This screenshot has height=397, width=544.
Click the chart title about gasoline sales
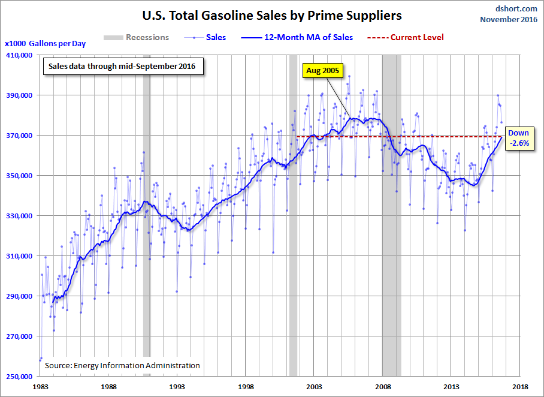(x=272, y=16)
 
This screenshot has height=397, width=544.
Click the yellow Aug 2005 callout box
(x=323, y=71)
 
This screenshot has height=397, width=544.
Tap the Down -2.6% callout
(x=519, y=138)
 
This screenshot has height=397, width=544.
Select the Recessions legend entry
(x=137, y=38)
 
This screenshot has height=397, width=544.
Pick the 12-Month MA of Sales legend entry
(x=297, y=38)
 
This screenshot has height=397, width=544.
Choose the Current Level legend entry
(x=405, y=38)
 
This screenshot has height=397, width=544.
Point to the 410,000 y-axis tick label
(x=20, y=55)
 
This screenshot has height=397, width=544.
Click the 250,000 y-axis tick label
(x=20, y=377)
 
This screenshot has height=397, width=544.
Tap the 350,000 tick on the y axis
(x=20, y=176)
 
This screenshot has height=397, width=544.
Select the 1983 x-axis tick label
(x=40, y=387)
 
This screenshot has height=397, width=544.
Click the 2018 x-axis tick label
(x=521, y=387)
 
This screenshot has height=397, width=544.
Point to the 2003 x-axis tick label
(x=315, y=387)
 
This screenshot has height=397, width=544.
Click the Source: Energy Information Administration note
(x=122, y=365)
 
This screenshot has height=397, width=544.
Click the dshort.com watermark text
(x=516, y=8)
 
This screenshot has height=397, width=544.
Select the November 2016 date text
(x=509, y=19)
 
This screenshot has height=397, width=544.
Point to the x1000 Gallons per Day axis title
(x=45, y=44)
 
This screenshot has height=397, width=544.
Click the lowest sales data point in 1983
(x=40, y=360)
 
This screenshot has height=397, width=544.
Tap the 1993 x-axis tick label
(x=177, y=387)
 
